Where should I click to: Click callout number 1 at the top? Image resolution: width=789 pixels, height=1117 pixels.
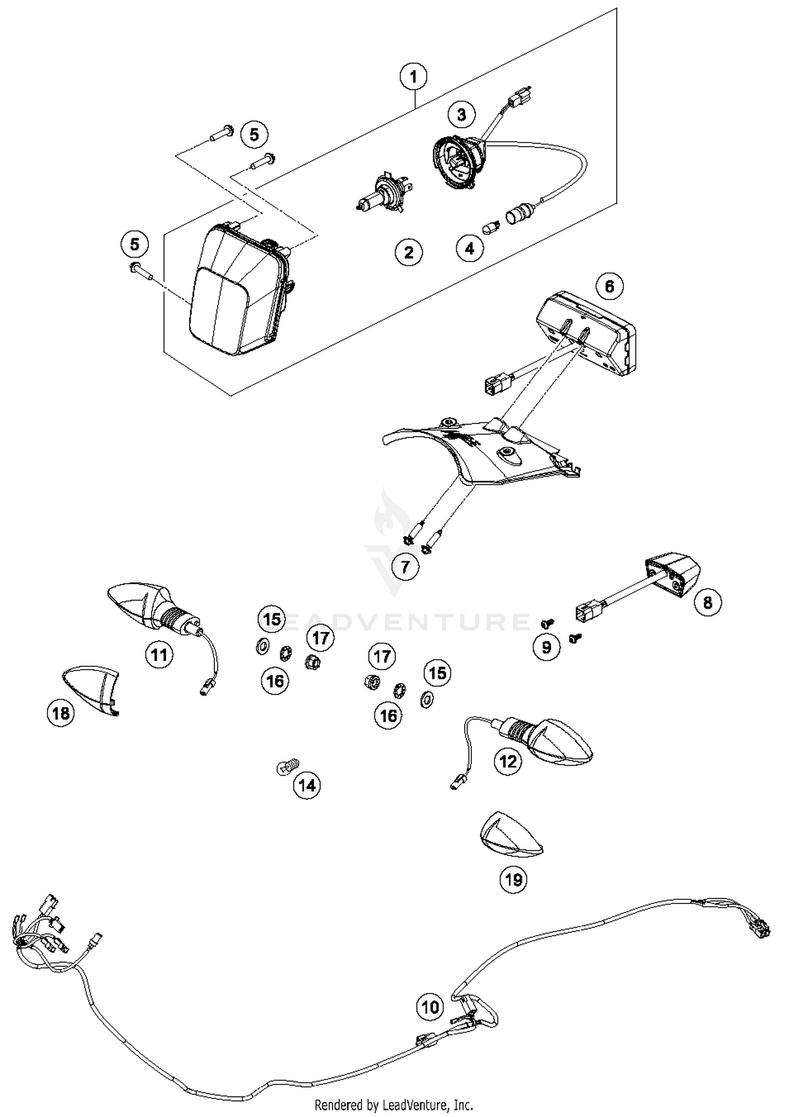(413, 77)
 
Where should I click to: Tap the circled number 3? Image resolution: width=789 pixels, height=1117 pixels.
(461, 115)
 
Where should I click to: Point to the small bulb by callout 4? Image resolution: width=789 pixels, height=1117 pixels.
(490, 228)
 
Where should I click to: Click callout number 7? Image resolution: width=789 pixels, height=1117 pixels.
(405, 567)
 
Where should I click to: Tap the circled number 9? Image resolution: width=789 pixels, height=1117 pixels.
(547, 647)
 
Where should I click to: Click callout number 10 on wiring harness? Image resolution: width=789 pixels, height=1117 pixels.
(430, 1007)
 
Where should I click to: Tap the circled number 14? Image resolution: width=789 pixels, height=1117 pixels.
(307, 786)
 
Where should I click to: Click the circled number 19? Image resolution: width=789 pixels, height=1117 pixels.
(513, 879)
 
